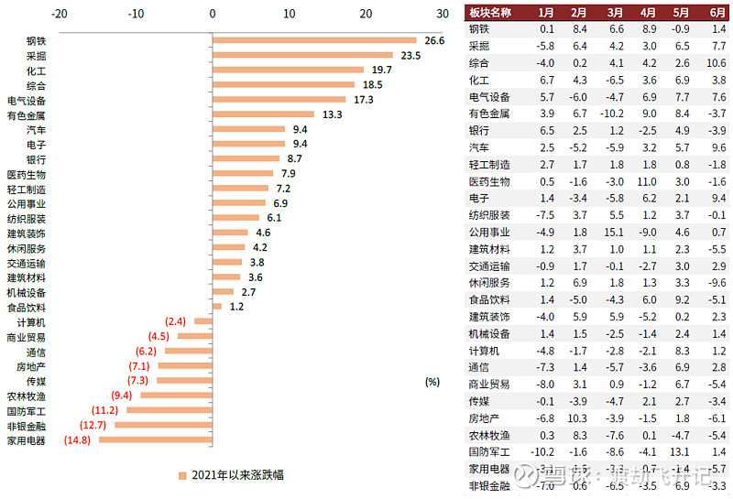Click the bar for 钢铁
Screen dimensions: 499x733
pos(314,40)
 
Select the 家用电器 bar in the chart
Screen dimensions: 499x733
pos(155,440)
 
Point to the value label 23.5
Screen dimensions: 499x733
pos(410,55)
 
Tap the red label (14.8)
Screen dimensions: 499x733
pos(78,440)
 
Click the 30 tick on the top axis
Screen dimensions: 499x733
pos(443,14)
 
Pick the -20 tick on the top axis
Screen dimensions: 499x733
pos(60,14)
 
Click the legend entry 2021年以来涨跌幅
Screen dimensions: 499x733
pos(230,475)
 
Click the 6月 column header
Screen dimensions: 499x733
pos(717,13)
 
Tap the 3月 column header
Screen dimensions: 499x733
pos(615,13)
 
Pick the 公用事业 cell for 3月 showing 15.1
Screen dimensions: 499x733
pos(615,232)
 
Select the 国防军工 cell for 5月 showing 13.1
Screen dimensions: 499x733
pos(681,451)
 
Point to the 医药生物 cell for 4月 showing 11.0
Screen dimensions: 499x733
pos(648,181)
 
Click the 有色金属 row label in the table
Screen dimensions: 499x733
pos(488,114)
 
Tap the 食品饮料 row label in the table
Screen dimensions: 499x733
pos(488,299)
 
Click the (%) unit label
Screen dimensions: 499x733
pos(432,382)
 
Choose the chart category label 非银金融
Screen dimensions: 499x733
pos(27,426)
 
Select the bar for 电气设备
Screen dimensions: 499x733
pos(279,100)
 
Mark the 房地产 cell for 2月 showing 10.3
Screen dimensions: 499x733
pos(578,418)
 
